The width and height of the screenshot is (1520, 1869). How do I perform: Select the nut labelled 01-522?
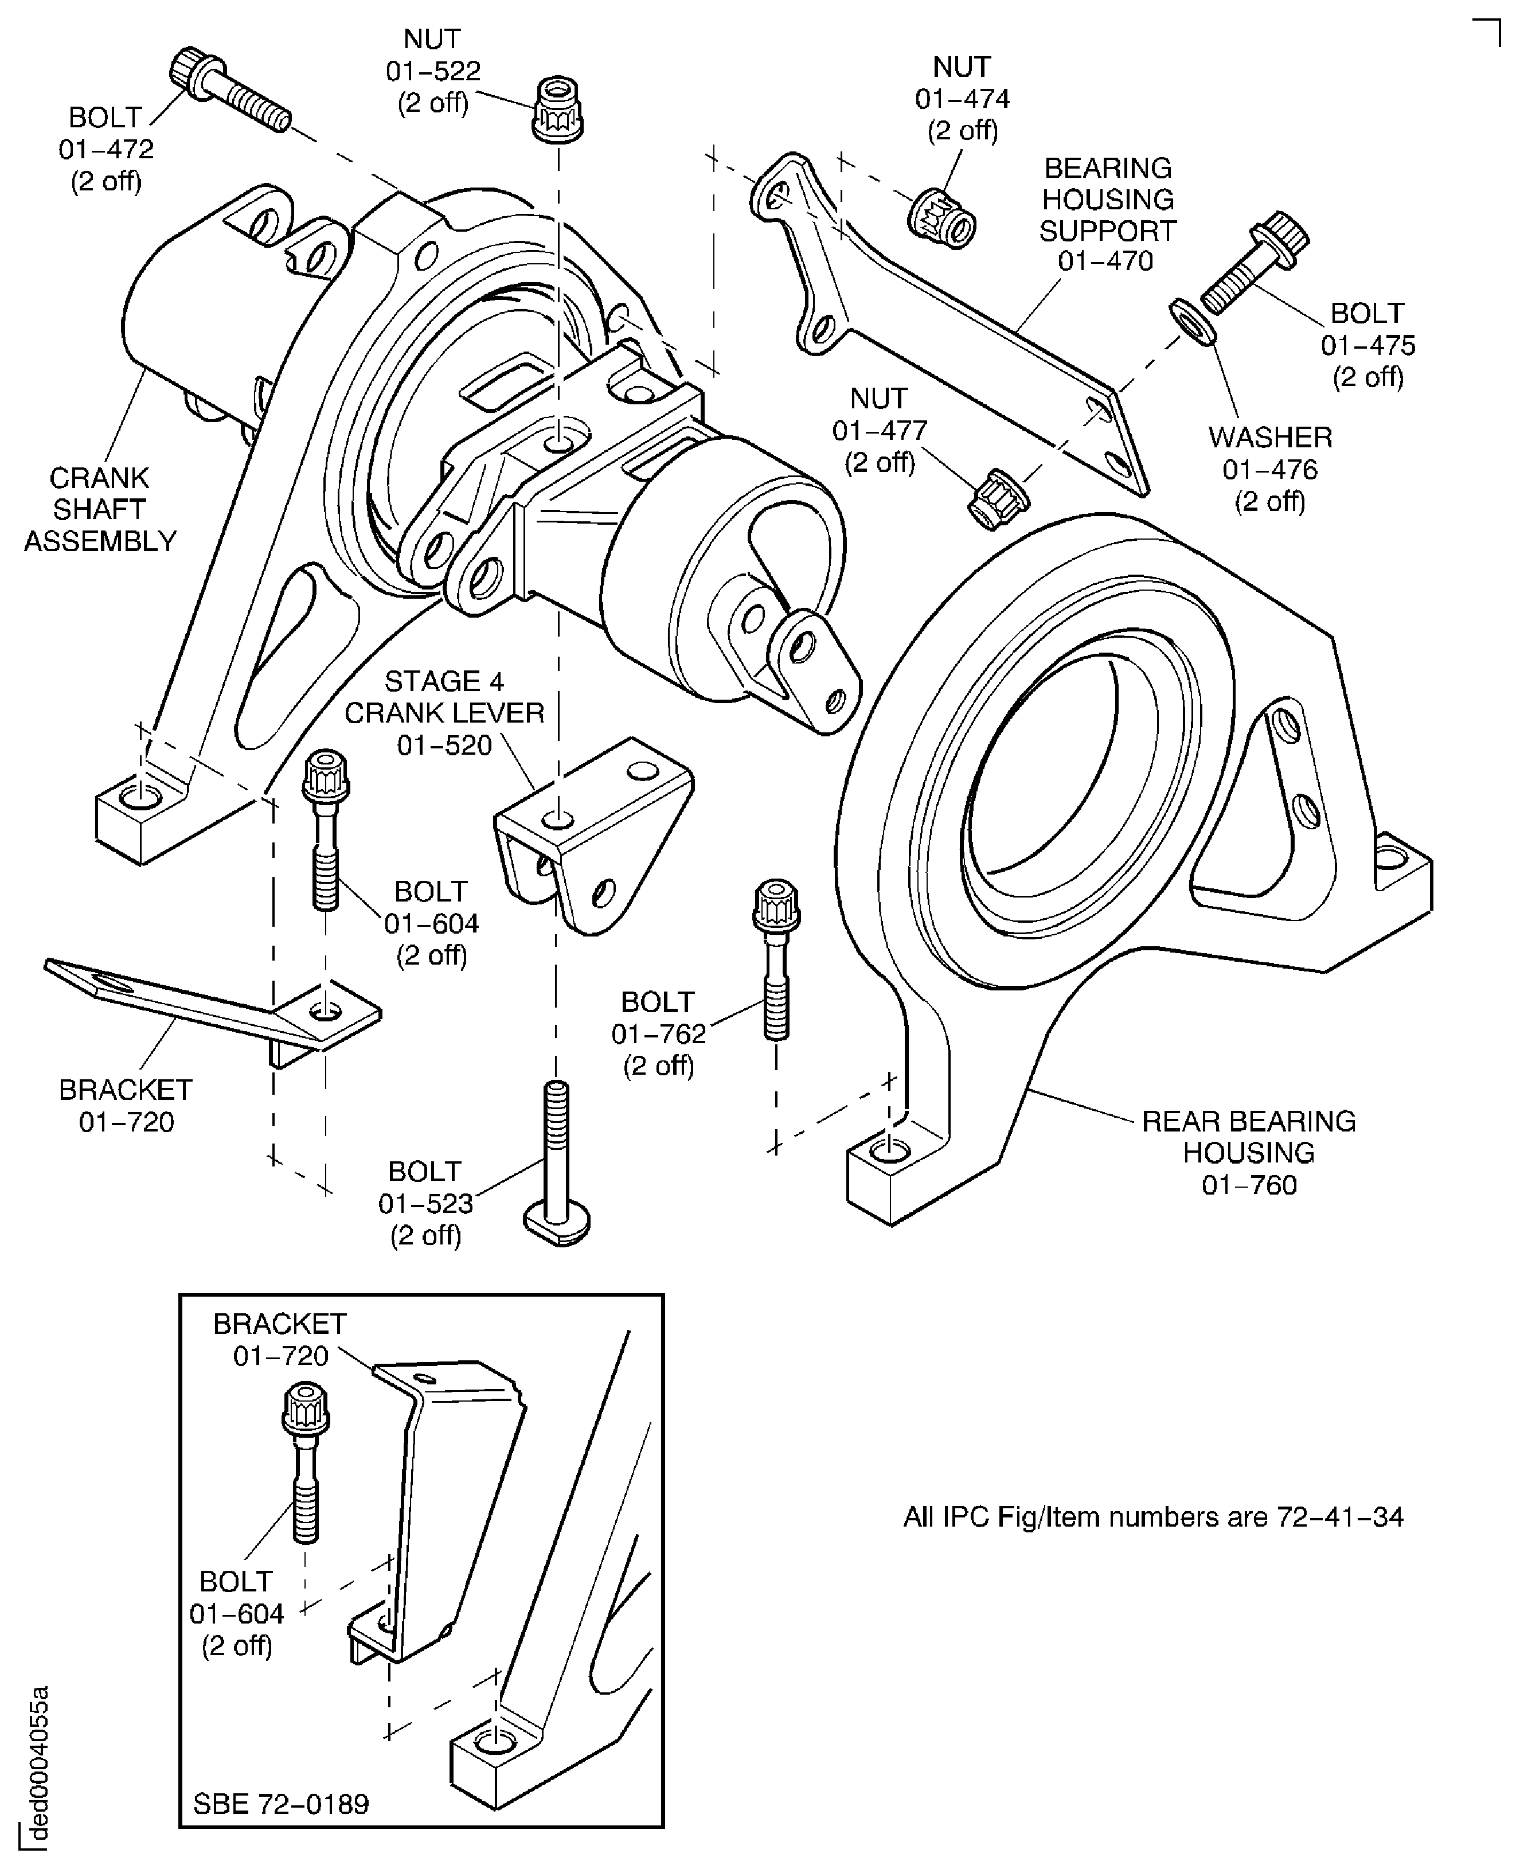(x=557, y=108)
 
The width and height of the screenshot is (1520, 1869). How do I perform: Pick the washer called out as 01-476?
(x=1193, y=321)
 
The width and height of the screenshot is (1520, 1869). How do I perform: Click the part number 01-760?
(x=1249, y=1185)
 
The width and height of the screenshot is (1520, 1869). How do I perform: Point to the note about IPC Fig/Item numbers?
(x=1152, y=1517)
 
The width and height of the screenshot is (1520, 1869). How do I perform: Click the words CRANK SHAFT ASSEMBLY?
(x=100, y=510)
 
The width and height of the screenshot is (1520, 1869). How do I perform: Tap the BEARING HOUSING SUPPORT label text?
(x=1108, y=200)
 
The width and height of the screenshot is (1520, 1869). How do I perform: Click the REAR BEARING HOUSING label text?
(x=1249, y=1137)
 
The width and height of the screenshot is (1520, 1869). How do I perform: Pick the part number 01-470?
(x=1105, y=261)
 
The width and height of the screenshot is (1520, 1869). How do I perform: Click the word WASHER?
(x=1269, y=437)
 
